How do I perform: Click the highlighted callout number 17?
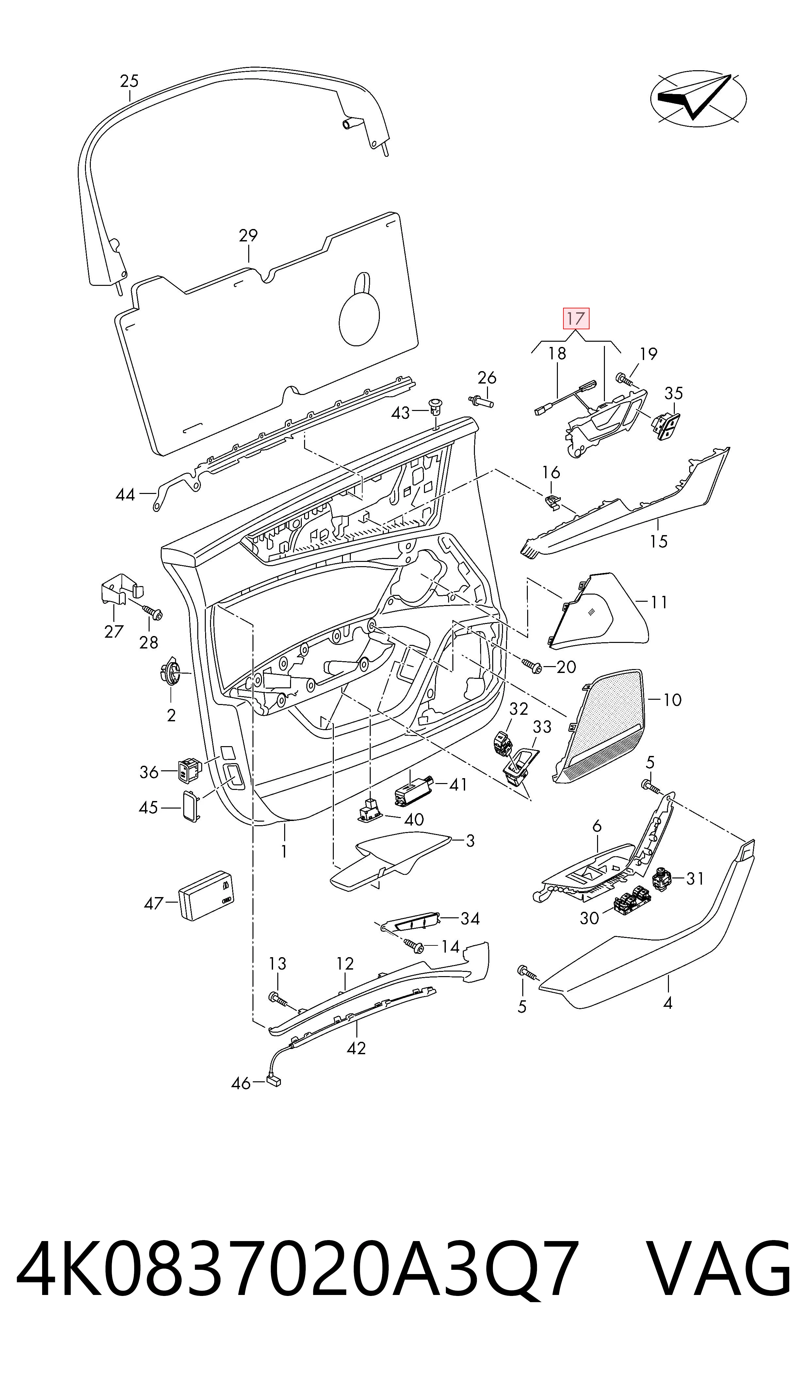576,318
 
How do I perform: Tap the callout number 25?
130,81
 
